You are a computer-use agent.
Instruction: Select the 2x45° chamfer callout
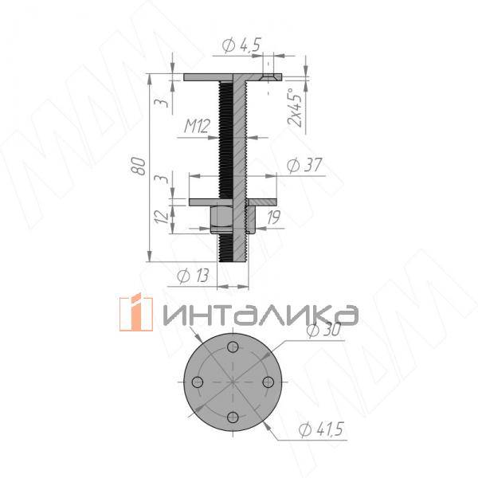coord(296,107)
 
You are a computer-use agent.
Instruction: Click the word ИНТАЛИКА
coord(259,314)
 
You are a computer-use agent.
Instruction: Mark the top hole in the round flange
coord(233,347)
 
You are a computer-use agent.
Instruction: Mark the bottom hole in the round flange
coord(231,417)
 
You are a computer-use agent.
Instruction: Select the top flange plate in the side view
coord(231,77)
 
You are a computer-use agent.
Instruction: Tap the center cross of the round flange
coord(232,382)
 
